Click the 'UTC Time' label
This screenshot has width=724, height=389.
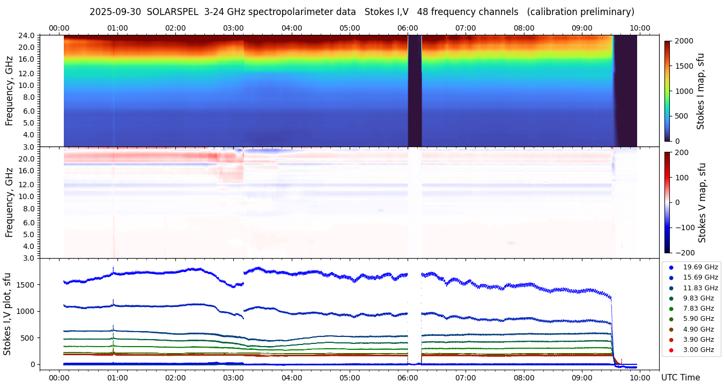coord(681,377)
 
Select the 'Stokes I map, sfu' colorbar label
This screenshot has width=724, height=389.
coord(700,91)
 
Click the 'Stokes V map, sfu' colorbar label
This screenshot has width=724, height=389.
coord(703,202)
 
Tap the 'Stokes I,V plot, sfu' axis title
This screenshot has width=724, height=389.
coord(8,314)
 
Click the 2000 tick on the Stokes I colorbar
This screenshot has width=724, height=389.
coord(684,41)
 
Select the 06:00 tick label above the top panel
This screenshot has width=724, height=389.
coord(408,28)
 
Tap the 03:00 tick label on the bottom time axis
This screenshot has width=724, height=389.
coord(233,377)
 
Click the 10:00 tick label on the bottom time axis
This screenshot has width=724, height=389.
coord(640,377)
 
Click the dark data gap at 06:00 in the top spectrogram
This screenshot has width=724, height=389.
coord(415,91)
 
